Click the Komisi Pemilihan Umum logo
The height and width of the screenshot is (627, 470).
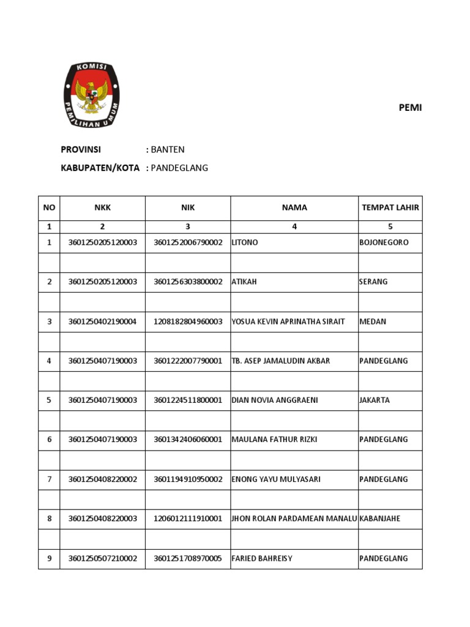pyautogui.click(x=92, y=95)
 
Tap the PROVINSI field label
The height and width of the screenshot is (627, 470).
pyautogui.click(x=81, y=149)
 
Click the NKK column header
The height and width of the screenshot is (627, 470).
pyautogui.click(x=102, y=208)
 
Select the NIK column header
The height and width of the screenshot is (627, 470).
pyautogui.click(x=188, y=208)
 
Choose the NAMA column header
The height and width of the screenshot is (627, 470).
pyautogui.click(x=294, y=208)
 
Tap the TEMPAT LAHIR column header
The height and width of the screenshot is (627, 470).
pyautogui.click(x=390, y=208)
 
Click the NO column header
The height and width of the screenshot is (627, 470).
pyautogui.click(x=49, y=208)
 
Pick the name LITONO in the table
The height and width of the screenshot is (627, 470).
pyautogui.click(x=245, y=242)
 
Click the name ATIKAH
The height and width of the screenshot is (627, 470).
pyautogui.click(x=245, y=282)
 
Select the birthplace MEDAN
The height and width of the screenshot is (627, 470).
pyautogui.click(x=373, y=321)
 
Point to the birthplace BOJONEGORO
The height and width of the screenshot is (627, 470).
pyautogui.click(x=384, y=242)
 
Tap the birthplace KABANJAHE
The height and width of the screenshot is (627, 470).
pyautogui.click(x=380, y=519)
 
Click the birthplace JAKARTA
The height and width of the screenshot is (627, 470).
pyautogui.click(x=375, y=400)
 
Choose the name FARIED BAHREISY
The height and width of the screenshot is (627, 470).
pyautogui.click(x=262, y=558)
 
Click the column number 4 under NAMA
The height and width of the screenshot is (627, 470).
pyautogui.click(x=294, y=227)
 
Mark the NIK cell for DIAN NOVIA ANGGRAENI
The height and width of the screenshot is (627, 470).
pyautogui.click(x=188, y=400)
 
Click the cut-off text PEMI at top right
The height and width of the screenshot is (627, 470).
pyautogui.click(x=410, y=108)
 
